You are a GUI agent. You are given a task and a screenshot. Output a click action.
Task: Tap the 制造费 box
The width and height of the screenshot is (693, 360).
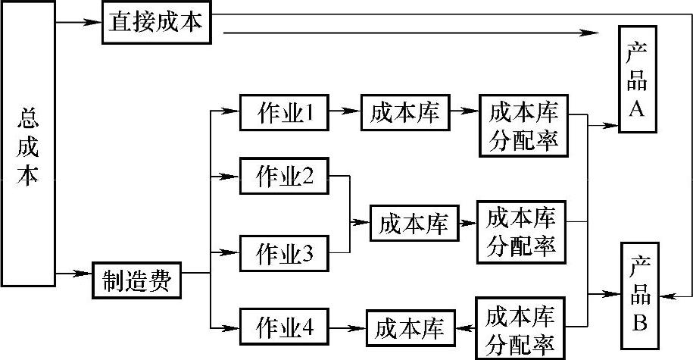[x=137, y=282]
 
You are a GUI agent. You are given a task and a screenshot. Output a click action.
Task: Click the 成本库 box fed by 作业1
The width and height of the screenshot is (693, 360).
[x=402, y=114]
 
